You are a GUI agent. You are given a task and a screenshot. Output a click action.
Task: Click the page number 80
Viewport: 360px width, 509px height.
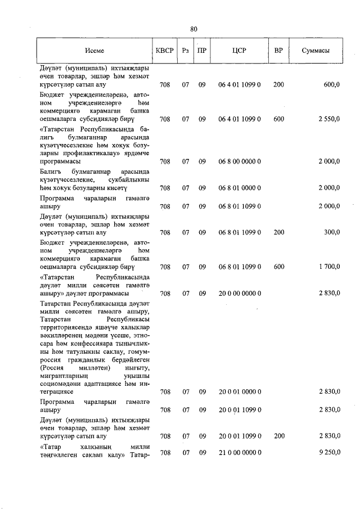coord(193,29)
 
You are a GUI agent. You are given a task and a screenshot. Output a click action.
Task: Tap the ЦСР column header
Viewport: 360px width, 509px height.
coord(239,51)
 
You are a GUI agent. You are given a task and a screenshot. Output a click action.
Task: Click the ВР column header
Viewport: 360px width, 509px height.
coord(278,51)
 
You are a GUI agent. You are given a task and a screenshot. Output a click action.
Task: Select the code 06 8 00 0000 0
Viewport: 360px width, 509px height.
coord(239,161)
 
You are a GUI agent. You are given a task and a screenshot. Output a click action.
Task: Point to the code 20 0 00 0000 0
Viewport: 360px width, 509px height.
coord(239,293)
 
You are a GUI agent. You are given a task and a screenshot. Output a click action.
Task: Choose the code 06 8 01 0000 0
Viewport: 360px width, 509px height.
coord(239,188)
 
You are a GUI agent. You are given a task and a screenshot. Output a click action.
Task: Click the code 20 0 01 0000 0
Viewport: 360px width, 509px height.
coord(239,391)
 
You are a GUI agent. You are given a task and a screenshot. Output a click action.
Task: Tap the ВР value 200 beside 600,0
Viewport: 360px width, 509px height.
coord(278,85)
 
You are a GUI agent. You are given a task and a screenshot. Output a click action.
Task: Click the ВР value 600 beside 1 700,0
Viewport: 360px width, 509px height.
coord(278,267)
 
